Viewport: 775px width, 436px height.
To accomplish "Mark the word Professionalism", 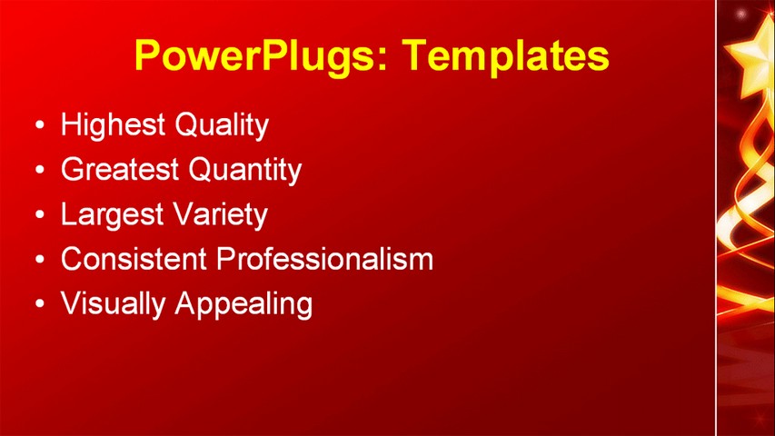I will [325, 259].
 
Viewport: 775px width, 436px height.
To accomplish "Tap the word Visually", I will [114, 303].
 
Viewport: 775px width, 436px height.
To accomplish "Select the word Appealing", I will [243, 303].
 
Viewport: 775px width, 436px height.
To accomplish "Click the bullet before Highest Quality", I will [38, 125].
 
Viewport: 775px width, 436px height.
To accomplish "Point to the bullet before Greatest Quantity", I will [38, 170].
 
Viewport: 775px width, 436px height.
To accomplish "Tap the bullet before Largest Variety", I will [38, 215].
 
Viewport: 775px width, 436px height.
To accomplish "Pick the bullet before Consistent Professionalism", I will [38, 260].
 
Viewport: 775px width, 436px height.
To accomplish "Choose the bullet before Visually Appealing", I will [38, 304].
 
